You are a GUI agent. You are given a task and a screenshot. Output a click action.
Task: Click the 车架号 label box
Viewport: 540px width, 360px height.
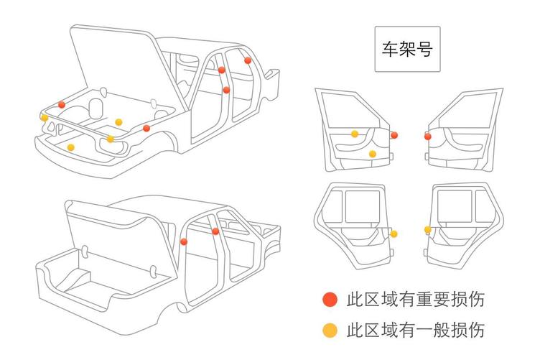407,50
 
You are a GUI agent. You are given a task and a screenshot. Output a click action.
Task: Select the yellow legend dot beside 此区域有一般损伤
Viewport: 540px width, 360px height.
330,331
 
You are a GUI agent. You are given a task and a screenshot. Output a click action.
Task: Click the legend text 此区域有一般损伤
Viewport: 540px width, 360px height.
415,331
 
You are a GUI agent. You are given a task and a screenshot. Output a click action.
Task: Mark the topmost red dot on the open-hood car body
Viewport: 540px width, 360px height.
248,60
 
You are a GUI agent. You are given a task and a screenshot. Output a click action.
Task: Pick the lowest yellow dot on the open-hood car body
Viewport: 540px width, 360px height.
70,147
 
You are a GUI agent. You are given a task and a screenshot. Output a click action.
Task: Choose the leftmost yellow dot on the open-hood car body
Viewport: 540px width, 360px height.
45,118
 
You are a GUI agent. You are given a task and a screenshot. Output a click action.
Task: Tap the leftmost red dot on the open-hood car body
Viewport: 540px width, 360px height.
62,105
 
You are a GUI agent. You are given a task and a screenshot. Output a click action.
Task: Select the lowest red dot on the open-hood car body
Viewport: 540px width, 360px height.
146,128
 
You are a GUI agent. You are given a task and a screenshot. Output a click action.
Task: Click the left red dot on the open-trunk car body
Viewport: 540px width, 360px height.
185,241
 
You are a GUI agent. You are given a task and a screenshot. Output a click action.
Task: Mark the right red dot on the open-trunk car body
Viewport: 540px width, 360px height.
215,231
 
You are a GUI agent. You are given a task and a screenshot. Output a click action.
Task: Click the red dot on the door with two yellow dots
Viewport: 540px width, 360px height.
394,134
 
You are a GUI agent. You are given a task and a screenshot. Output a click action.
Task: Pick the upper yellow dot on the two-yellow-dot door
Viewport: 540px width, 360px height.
355,134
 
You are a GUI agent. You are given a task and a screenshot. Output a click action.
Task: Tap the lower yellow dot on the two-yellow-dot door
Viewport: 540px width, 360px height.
372,154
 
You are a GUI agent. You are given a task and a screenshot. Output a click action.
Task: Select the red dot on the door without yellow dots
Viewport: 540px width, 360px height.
428,135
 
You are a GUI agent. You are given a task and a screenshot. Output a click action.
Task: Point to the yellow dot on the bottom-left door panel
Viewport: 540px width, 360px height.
394,234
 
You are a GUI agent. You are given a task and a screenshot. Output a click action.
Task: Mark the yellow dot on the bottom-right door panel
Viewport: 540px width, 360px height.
428,230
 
